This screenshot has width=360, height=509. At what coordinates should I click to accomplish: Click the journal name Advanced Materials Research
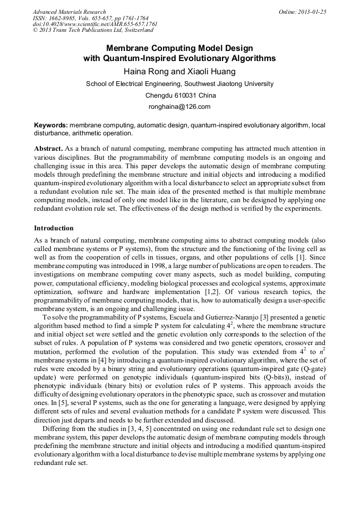click(69, 12)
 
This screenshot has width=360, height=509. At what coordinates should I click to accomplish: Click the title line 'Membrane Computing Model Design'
click(179, 48)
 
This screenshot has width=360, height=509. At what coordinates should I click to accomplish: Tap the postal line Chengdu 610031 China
click(180, 96)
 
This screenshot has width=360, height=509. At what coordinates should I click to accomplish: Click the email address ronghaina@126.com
click(180, 107)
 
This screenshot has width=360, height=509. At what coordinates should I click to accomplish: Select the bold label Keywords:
click(50, 126)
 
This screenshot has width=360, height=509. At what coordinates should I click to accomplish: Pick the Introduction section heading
click(54, 228)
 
